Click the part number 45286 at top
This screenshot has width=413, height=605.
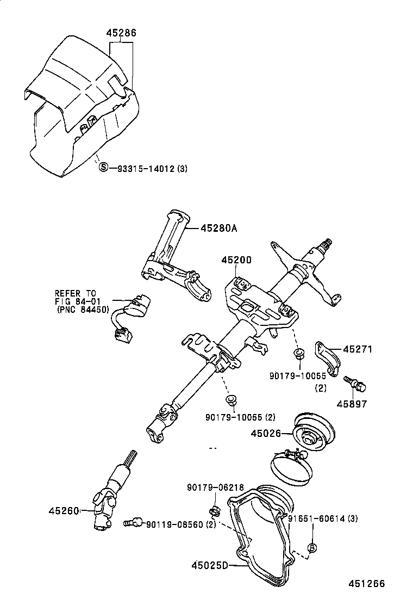point(121,33)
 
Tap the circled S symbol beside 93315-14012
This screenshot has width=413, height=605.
point(103,168)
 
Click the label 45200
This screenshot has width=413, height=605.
point(236,261)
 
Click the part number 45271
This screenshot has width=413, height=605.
point(357,349)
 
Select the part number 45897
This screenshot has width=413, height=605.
point(352,404)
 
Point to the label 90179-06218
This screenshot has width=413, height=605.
point(215,487)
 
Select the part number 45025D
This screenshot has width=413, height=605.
point(210,565)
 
